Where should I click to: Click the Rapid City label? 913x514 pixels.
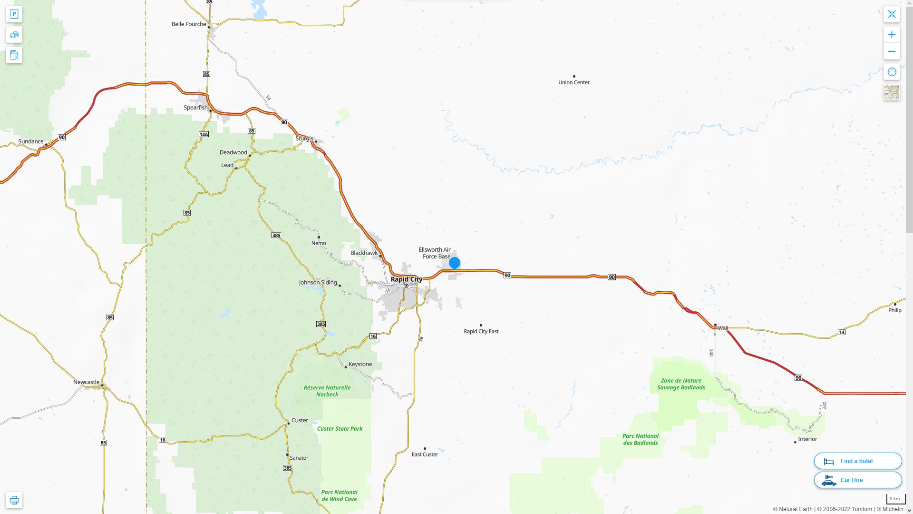pyautogui.click(x=406, y=279)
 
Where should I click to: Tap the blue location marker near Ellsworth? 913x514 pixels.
pyautogui.click(x=455, y=263)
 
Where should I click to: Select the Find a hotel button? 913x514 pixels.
pyautogui.click(x=858, y=461)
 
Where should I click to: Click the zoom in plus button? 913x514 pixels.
pyautogui.click(x=892, y=35)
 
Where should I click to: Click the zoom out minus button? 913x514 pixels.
pyautogui.click(x=892, y=52)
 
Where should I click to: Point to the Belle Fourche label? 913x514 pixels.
pyautogui.click(x=189, y=24)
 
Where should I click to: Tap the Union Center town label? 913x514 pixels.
pyautogui.click(x=573, y=82)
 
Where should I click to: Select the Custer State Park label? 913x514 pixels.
pyautogui.click(x=340, y=429)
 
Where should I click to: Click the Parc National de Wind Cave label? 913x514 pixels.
pyautogui.click(x=339, y=496)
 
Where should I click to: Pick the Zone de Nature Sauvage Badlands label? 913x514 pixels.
pyautogui.click(x=681, y=384)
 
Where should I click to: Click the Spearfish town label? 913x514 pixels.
pyautogui.click(x=195, y=108)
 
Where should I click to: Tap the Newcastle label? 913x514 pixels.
pyautogui.click(x=86, y=382)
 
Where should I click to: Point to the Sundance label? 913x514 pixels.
pyautogui.click(x=31, y=141)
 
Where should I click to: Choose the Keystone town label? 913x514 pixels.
pyautogui.click(x=360, y=365)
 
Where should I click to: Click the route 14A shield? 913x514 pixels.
pyautogui.click(x=204, y=135)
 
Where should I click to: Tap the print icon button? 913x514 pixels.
pyautogui.click(x=14, y=500)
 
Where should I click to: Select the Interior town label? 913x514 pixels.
pyautogui.click(x=807, y=439)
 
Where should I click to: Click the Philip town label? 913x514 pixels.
pyautogui.click(x=894, y=310)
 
